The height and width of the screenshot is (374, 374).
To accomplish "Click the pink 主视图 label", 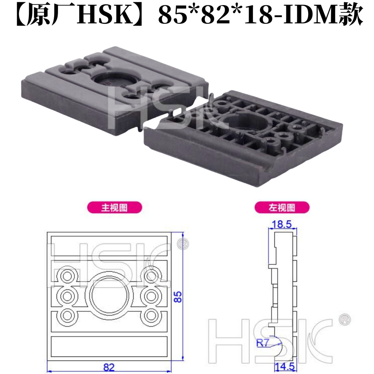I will click(115, 207).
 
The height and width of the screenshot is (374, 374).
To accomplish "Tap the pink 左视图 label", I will click(282, 207).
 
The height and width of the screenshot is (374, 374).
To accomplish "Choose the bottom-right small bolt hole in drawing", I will click(151, 315).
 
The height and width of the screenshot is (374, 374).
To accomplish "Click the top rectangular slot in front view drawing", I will click(109, 244).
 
